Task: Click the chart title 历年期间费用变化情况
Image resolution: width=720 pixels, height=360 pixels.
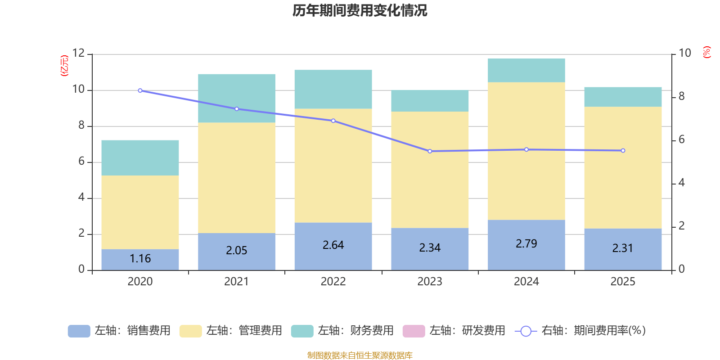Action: click(x=360, y=10)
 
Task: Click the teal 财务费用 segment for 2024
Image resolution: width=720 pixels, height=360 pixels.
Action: click(x=526, y=70)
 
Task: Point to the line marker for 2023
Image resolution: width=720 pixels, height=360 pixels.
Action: click(x=430, y=151)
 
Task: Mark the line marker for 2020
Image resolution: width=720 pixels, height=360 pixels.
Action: click(x=140, y=90)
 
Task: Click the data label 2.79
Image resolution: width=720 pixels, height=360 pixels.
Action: click(x=526, y=243)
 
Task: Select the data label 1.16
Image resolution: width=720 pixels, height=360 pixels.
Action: click(x=140, y=258)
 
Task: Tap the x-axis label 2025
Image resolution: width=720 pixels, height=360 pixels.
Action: click(x=623, y=281)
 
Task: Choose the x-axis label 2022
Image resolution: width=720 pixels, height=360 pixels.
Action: click(x=333, y=281)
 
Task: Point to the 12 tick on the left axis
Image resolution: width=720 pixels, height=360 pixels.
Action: click(x=78, y=53)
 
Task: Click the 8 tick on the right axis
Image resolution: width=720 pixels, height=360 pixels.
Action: click(x=681, y=96)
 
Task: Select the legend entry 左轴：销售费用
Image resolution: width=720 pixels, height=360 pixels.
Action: click(x=119, y=331)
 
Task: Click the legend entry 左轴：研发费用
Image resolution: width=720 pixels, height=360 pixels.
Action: click(x=454, y=331)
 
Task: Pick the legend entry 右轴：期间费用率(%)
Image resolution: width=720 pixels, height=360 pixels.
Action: click(x=580, y=331)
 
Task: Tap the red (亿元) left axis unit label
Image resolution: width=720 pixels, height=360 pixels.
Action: click(x=64, y=66)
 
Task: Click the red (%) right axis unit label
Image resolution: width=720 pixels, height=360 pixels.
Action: click(x=707, y=52)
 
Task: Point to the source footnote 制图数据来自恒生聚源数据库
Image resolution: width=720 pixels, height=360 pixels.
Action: click(x=360, y=355)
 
